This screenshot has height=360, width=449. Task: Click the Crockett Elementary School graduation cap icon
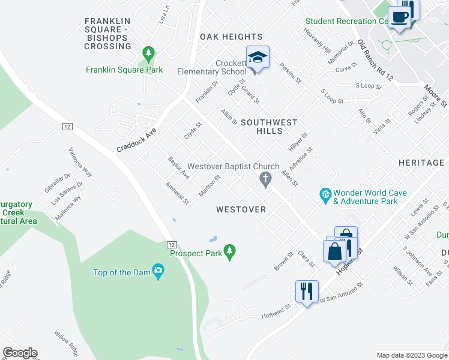(x=258, y=58)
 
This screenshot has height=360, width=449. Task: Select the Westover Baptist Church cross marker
(x=264, y=179)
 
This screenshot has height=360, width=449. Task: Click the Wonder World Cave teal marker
(x=325, y=194)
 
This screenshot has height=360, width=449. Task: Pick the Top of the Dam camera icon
(x=158, y=272)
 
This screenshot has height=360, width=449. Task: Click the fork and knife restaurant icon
(x=307, y=292)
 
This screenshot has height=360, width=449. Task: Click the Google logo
(x=20, y=353)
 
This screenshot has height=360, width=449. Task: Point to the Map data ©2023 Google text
(x=411, y=355)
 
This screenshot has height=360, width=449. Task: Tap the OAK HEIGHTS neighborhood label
(x=231, y=37)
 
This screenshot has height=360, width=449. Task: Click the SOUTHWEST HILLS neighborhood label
(x=269, y=127)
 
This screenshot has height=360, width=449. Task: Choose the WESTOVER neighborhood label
(x=241, y=209)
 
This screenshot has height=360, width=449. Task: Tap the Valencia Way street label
(x=80, y=162)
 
